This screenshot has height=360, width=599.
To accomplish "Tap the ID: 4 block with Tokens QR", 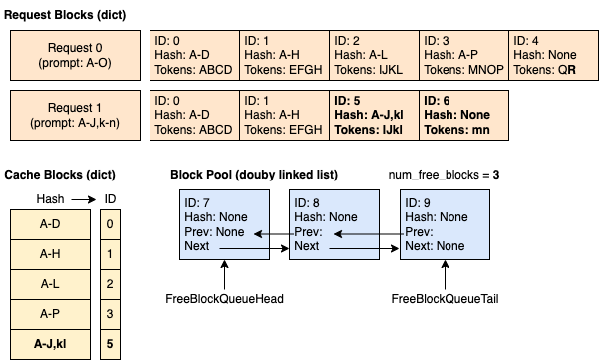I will [552, 55].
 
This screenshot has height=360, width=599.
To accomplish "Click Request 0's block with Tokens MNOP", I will [462, 55].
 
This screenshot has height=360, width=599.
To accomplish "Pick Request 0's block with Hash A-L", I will [373, 55].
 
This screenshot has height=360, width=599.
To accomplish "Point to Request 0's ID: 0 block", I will [194, 55].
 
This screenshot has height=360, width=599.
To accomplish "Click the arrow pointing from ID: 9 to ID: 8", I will [369, 235].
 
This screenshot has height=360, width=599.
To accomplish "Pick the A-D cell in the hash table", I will [50, 224].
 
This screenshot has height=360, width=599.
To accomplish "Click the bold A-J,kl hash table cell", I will [50, 344].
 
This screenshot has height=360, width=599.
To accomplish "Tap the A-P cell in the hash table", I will [50, 314].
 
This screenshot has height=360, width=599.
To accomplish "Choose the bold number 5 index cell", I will [109, 344].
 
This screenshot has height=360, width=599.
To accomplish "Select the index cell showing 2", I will [109, 284].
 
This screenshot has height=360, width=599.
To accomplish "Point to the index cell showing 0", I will [109, 224].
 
